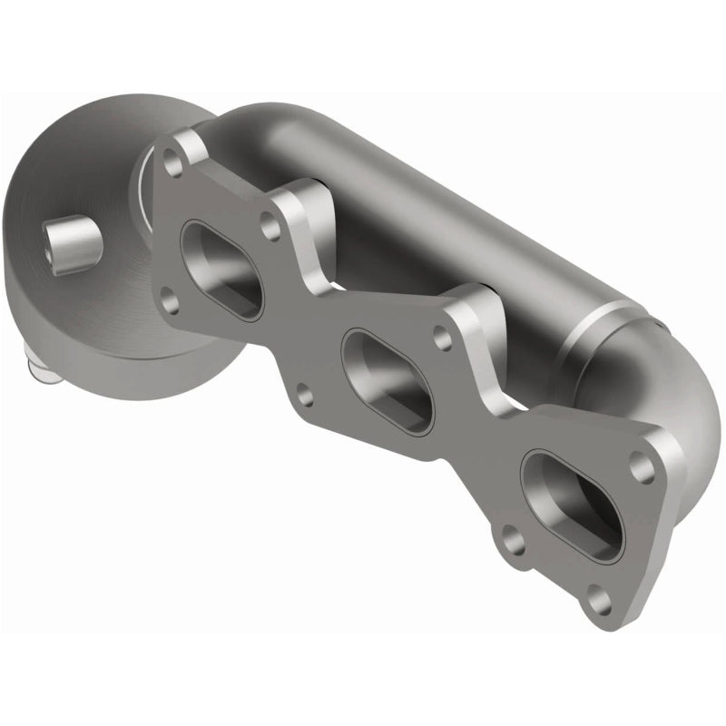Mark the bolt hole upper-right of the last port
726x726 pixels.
(644, 468)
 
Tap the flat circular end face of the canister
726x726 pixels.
(73, 200)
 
